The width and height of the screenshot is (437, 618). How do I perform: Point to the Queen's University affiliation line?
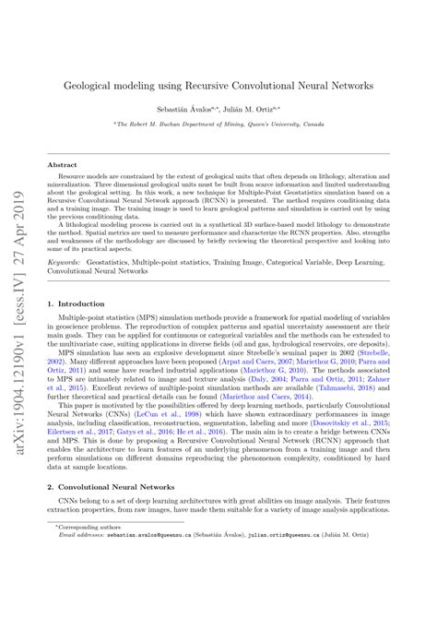pos(218,123)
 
